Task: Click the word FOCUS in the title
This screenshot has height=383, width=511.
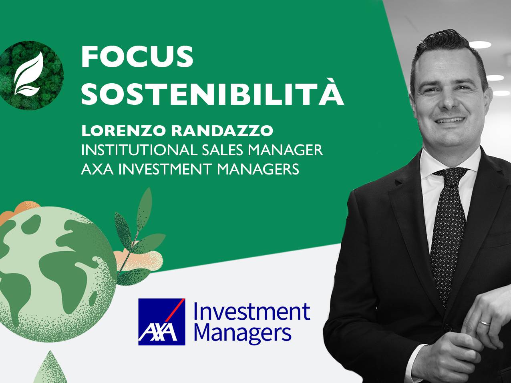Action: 137,56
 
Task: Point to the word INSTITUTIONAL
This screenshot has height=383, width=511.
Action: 138,150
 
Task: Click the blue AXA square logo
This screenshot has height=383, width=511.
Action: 162,322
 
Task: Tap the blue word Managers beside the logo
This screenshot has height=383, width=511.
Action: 245,333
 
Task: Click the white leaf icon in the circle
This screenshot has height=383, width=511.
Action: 28,74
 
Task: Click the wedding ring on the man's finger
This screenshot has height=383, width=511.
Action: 485,321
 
